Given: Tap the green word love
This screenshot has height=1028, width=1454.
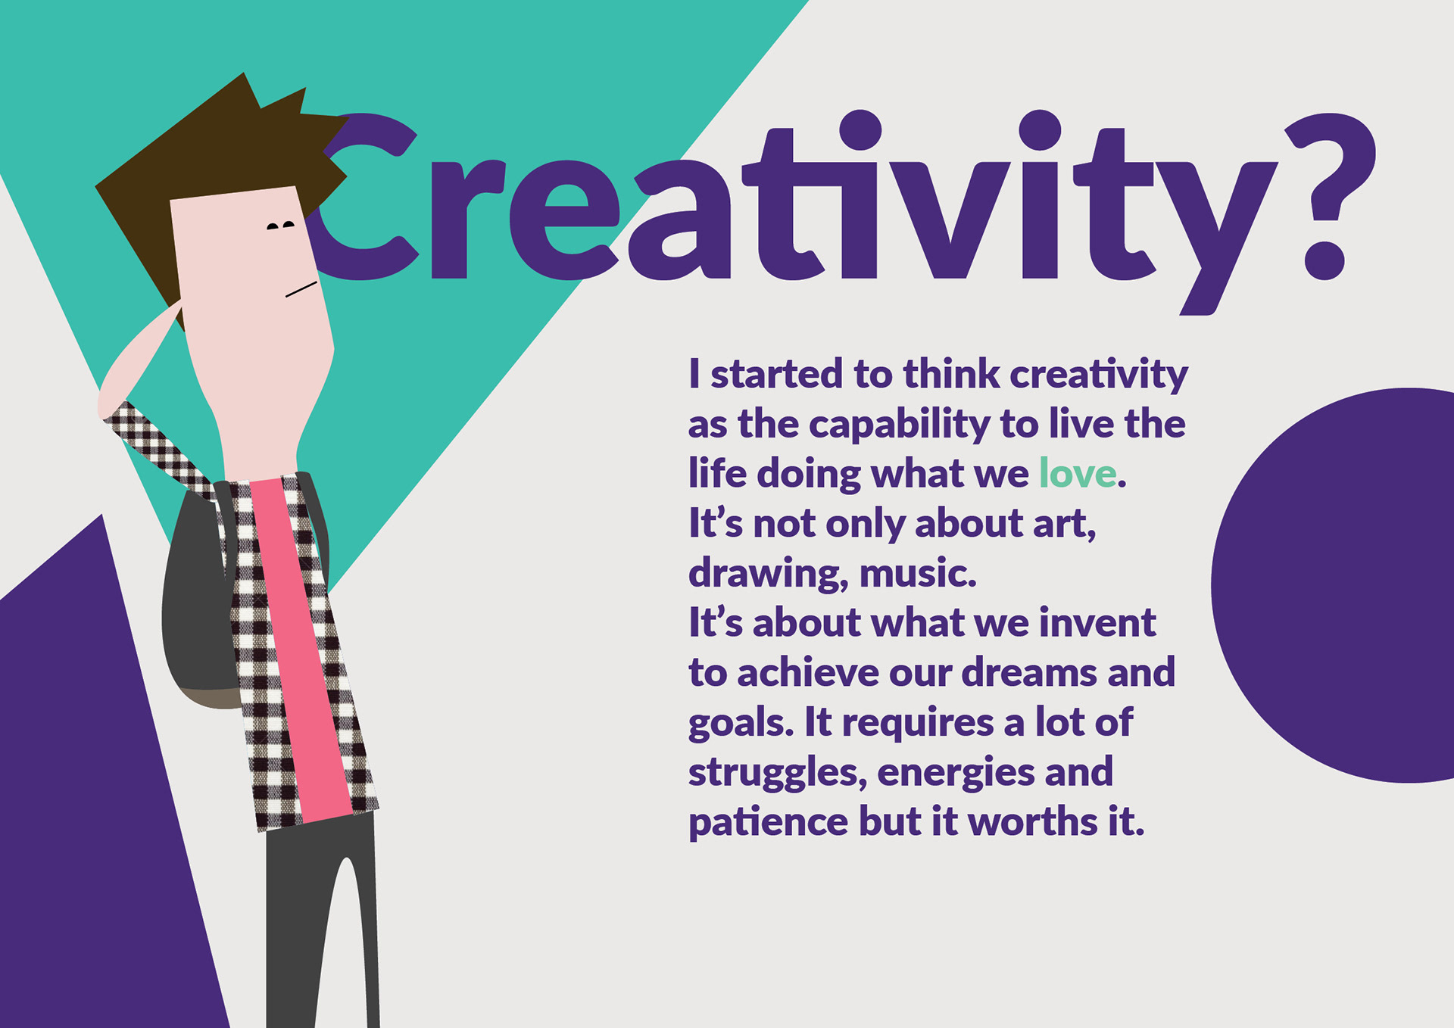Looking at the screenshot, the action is click(x=1078, y=474).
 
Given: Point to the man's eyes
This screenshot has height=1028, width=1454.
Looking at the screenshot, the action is click(x=281, y=226).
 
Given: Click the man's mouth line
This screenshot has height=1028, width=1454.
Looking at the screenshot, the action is click(x=301, y=289).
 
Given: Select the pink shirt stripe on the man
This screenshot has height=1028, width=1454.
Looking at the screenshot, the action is click(x=301, y=651).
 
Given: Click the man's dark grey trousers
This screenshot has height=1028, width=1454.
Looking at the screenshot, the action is click(x=321, y=924).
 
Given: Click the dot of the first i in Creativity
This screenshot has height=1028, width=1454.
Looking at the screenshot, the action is click(x=860, y=130).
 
